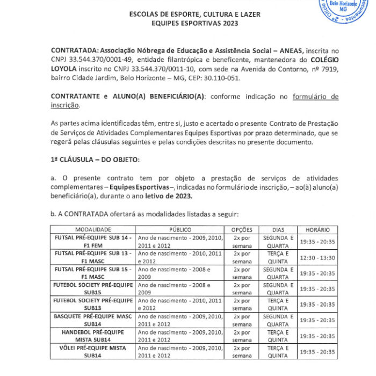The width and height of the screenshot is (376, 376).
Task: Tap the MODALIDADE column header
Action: coord(93,229)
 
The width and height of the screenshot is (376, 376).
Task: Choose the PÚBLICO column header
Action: coord(180,229)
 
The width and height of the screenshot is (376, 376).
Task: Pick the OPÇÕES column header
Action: coord(242,229)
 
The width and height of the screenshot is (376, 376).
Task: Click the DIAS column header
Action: coord(278,229)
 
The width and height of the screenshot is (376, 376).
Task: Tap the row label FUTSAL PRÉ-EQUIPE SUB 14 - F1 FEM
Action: coord(93,241)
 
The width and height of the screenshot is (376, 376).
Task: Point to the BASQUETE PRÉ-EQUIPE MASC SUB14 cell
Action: coord(93,320)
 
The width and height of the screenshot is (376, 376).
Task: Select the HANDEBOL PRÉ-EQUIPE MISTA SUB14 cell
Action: coord(93,336)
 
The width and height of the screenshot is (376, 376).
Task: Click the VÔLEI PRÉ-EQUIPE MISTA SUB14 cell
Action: coord(93,352)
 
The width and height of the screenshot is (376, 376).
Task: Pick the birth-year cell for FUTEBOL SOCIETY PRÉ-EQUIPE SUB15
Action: coord(180,289)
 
